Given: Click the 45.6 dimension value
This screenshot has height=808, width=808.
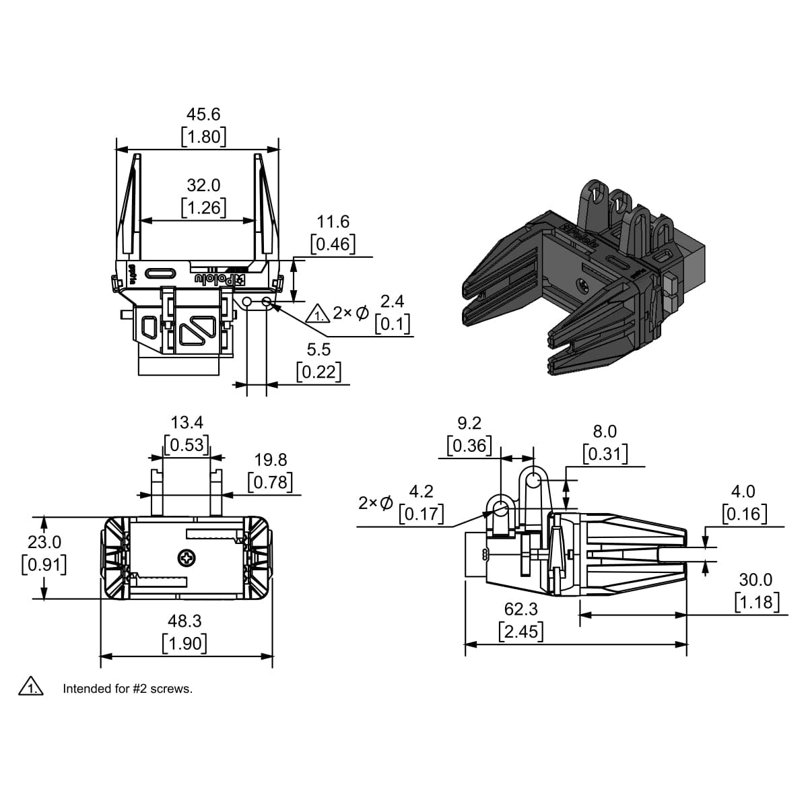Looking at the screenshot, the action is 203,114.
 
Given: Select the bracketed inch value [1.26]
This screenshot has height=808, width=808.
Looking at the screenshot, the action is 203,207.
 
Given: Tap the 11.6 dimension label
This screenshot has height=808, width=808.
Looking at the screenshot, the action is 333,222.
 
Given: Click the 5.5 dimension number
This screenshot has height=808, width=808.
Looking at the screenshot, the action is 318,349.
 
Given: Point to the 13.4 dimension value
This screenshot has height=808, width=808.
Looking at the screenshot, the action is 187,422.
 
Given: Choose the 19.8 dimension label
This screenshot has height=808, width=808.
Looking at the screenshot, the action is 271,460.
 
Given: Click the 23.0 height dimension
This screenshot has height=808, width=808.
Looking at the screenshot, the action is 44,542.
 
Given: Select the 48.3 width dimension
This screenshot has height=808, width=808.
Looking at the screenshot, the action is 184,621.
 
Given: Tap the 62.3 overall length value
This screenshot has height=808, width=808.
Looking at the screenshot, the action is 520,609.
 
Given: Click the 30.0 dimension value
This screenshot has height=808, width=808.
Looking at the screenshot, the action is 755,580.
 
